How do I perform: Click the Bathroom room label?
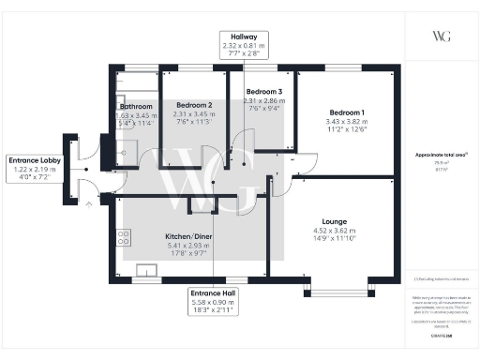136,106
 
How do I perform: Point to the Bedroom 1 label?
340,111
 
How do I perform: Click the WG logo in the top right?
441,36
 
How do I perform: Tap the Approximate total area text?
441,154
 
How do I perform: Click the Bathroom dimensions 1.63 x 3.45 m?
136,114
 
